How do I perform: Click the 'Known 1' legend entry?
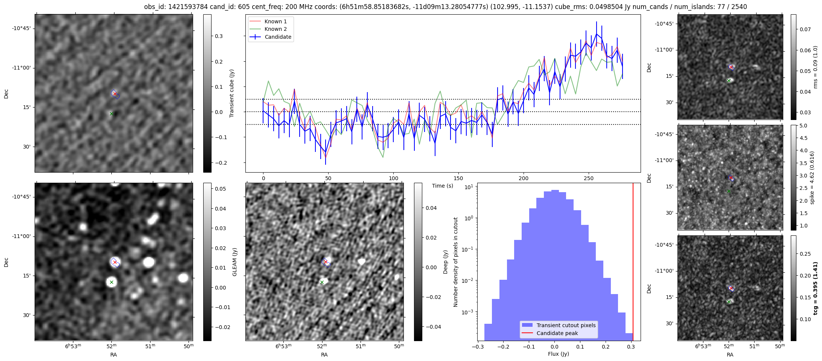tap(276, 21)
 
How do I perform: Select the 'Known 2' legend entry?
tap(276, 29)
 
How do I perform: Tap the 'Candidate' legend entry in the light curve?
tap(278, 37)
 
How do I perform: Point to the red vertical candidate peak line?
tap(633, 263)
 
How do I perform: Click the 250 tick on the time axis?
tap(589, 178)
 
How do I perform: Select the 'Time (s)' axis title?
tap(443, 186)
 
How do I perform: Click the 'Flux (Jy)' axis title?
tap(559, 354)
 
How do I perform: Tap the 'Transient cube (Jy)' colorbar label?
tap(232, 93)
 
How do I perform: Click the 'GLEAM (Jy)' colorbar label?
tap(235, 262)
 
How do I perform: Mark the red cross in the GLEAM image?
tap(115, 262)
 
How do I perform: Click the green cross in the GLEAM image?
tap(111, 282)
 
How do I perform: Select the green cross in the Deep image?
tap(322, 282)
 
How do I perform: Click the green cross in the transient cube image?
tap(111, 114)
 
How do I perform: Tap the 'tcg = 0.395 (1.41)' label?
tap(815, 288)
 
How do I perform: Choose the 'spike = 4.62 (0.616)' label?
tap(812, 177)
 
